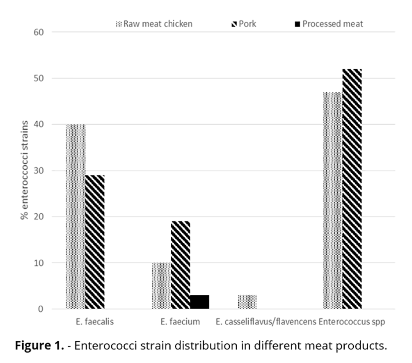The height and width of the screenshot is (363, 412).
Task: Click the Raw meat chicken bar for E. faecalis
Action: click(x=76, y=216)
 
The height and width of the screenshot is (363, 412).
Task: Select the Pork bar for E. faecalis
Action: click(x=95, y=242)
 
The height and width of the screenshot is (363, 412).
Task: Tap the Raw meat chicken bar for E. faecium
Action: click(x=161, y=285)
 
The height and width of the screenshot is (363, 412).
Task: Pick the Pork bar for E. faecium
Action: click(x=181, y=265)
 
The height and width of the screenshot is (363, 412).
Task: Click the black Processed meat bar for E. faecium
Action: click(x=199, y=302)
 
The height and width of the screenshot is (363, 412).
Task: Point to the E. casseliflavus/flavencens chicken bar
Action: click(x=247, y=302)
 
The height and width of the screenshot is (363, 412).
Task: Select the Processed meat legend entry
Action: click(x=328, y=24)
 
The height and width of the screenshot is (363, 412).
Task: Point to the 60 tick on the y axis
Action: click(x=39, y=32)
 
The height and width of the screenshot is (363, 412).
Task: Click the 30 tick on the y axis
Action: click(x=39, y=171)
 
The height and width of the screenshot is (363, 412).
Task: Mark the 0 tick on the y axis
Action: click(x=41, y=309)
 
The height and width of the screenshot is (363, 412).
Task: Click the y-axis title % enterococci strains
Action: click(x=25, y=170)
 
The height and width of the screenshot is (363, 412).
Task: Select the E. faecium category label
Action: click(x=181, y=322)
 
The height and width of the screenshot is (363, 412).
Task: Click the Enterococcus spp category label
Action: click(x=352, y=322)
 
